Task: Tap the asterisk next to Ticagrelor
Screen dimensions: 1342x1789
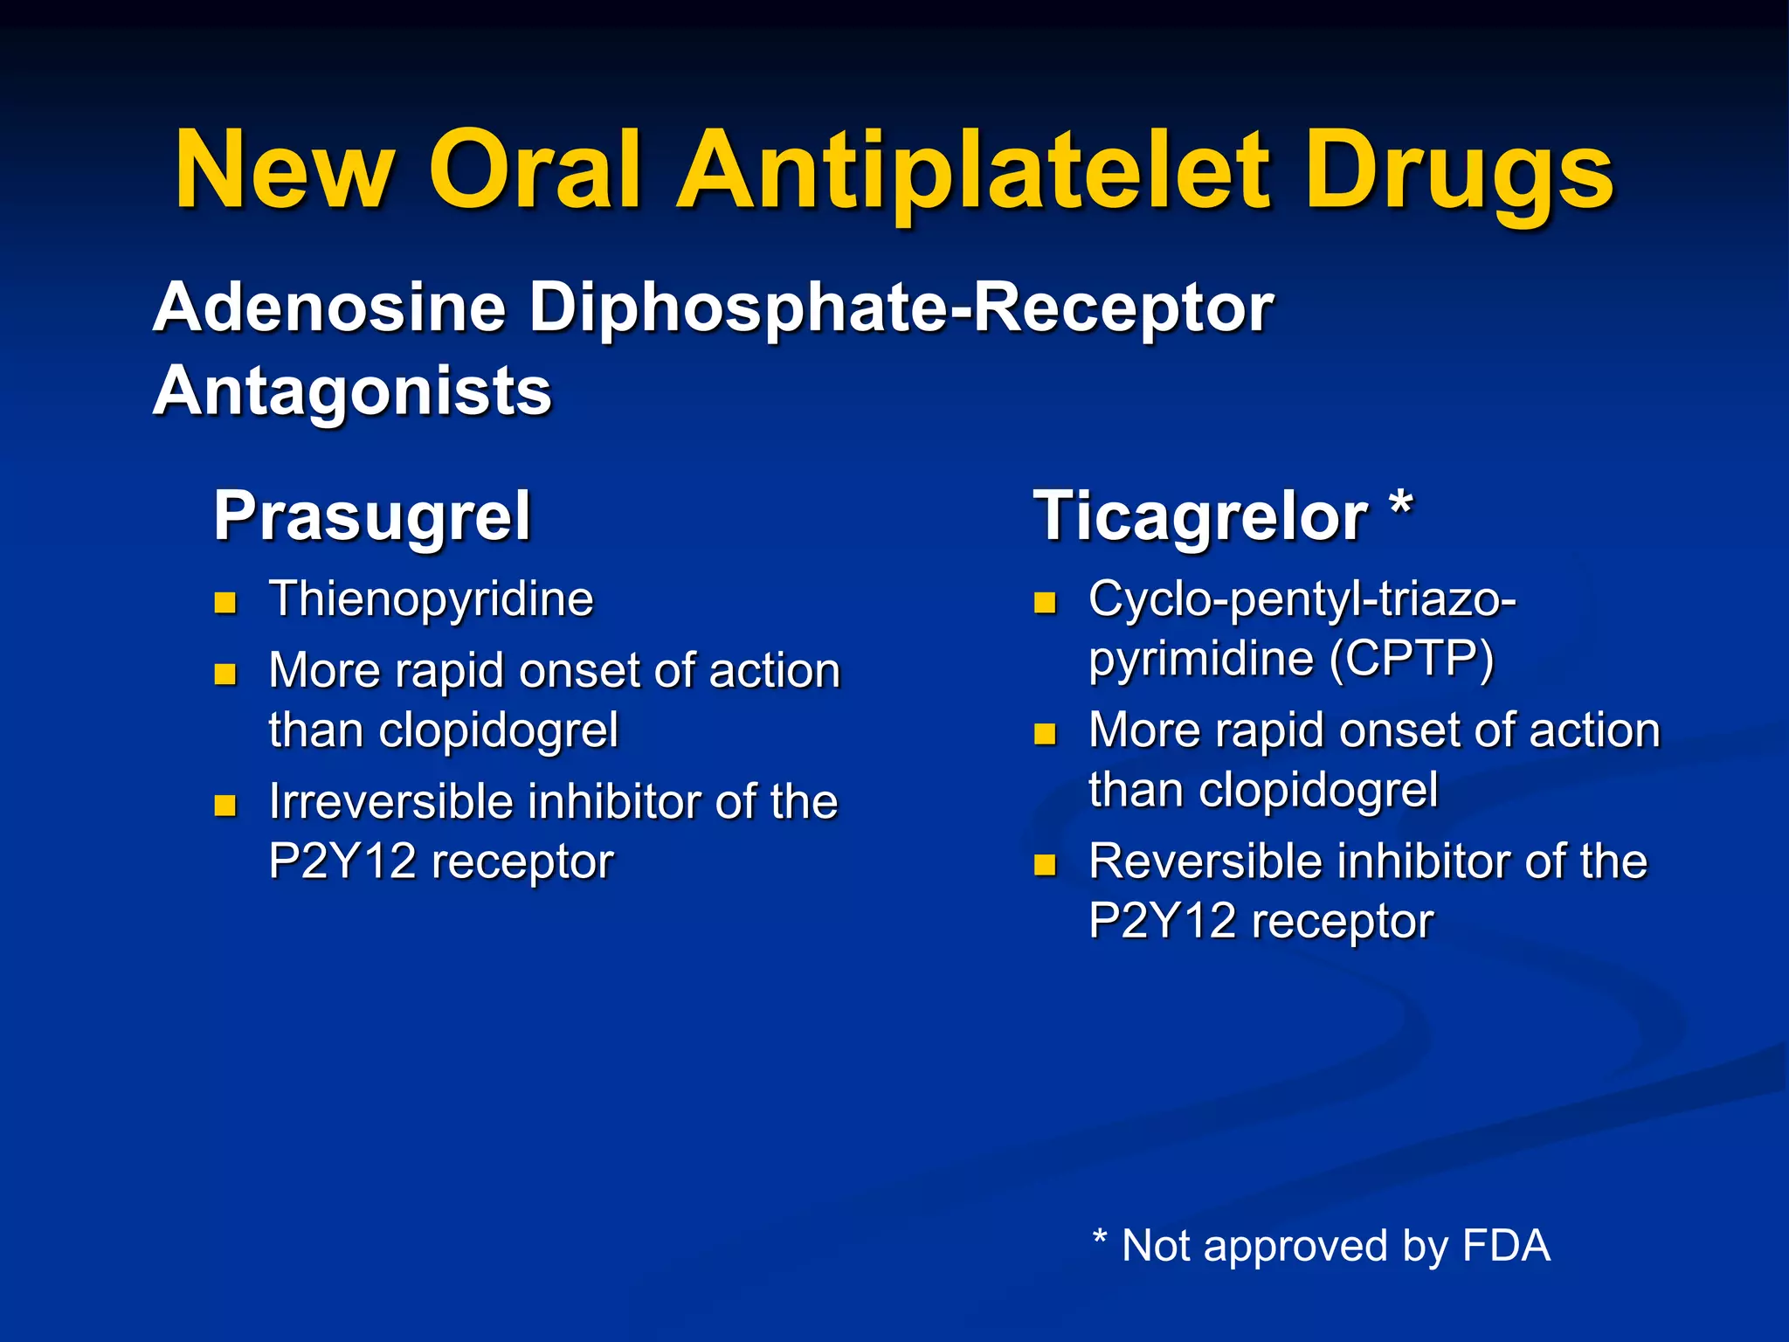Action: [1401, 505]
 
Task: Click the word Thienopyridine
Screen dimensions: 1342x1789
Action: [431, 599]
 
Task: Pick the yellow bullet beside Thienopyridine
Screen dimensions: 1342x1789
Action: [225, 602]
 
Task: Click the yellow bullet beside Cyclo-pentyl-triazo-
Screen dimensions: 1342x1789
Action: [1045, 602]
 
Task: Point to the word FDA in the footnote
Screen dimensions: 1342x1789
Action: [1505, 1245]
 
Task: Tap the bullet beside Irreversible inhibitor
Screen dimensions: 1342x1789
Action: [225, 805]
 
